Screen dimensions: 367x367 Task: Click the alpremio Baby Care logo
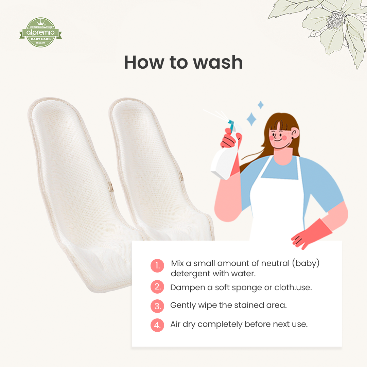(x=40, y=33)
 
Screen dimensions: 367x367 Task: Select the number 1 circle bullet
(x=157, y=266)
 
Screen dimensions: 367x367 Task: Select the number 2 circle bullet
(x=157, y=287)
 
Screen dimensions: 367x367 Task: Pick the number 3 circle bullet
(x=157, y=306)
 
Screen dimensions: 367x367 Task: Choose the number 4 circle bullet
(x=157, y=325)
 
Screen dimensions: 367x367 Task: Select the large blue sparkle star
(x=252, y=119)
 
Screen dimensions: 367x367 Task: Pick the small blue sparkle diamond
(x=261, y=105)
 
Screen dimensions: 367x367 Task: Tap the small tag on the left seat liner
(x=110, y=186)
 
